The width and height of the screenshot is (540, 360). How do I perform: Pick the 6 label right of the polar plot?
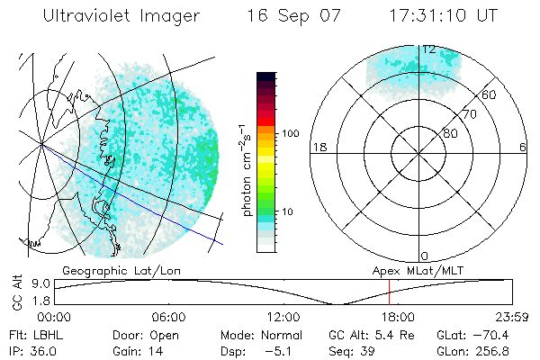pos(523,147)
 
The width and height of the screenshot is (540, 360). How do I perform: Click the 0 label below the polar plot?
pos(425,256)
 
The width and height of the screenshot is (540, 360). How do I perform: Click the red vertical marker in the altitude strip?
pos(388,292)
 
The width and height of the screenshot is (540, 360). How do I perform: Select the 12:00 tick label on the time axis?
pos(283,317)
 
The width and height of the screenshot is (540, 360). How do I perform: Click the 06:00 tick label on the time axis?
pos(168,317)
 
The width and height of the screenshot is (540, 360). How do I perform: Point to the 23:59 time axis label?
pos(513,317)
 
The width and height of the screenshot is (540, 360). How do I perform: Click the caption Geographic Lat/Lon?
pos(108,270)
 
